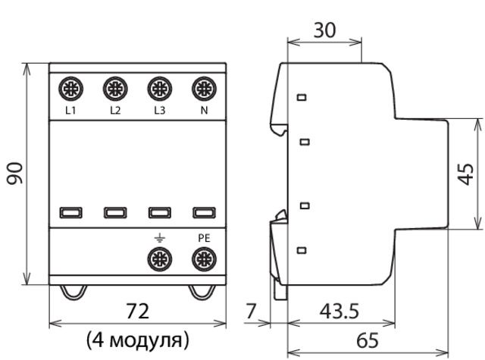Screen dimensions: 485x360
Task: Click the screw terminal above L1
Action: [x=70, y=89]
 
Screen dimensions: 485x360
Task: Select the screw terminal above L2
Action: [x=115, y=89]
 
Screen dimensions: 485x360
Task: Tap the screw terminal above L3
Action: [x=160, y=89]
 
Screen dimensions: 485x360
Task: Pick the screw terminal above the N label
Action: [x=204, y=89]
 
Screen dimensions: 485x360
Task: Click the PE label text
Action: [x=204, y=238]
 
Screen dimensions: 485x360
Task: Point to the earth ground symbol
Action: [x=160, y=238]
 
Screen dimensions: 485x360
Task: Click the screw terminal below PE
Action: [x=204, y=259]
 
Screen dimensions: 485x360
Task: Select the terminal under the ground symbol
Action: [x=160, y=259]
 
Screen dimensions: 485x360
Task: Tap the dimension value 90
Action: [x=15, y=174]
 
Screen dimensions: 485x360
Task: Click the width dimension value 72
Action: [x=138, y=311]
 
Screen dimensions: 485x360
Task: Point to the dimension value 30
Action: [x=324, y=30]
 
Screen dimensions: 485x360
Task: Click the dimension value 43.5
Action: [x=339, y=311]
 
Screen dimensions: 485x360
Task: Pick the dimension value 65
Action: [x=368, y=340]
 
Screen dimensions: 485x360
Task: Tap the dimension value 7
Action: [x=251, y=311]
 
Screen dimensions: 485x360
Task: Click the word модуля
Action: [x=146, y=341]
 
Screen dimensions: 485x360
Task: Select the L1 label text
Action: [x=70, y=110]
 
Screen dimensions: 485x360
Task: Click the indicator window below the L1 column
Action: [x=70, y=213]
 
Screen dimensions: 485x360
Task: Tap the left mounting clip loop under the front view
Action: [x=73, y=293]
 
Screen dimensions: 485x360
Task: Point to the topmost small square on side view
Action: [x=302, y=98]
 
